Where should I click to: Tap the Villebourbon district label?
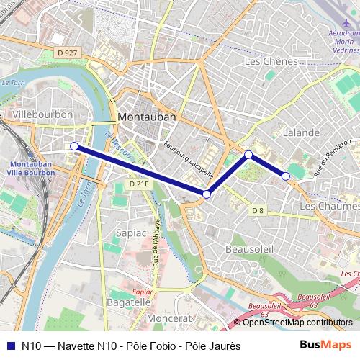point(42,114)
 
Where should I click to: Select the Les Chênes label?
point(271,62)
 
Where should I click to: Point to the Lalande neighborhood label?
point(301,133)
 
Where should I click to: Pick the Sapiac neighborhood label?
point(130,233)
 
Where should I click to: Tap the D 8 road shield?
point(258,210)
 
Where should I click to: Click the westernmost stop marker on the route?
point(74,146)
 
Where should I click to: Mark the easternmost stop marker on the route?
point(286,176)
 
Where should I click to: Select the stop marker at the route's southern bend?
point(207,194)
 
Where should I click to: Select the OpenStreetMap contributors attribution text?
point(297,323)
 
